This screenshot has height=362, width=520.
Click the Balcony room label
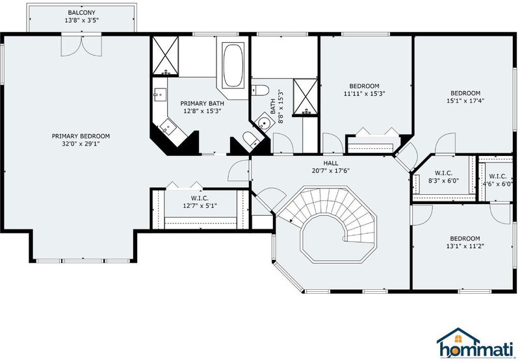click(82, 12)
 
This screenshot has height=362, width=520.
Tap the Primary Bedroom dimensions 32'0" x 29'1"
click(81, 144)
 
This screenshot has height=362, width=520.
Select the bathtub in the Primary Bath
click(233, 64)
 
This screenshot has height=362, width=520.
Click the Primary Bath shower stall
click(165, 56)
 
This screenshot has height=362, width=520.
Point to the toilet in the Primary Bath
click(250, 139)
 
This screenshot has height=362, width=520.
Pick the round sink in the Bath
click(265, 121)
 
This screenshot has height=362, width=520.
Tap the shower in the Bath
click(305, 97)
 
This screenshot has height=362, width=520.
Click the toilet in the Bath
click(259, 90)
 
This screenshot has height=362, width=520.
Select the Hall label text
click(331, 162)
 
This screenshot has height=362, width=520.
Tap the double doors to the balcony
click(81, 45)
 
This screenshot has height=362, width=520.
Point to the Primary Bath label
click(202, 103)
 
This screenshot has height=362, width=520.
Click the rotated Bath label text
click(273, 107)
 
